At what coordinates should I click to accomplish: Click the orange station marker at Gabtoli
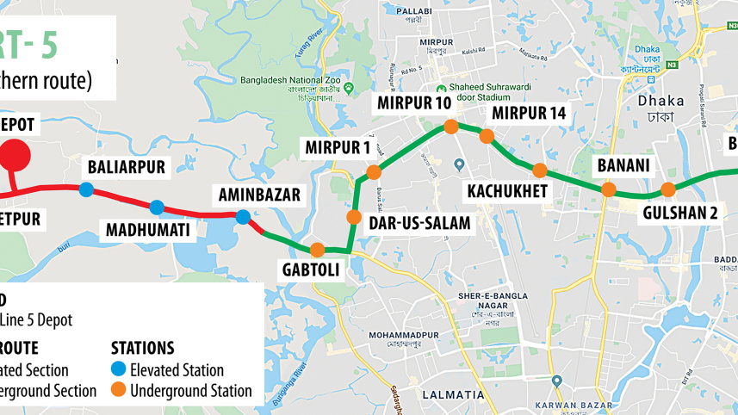317,250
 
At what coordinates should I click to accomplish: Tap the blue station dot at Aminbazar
244,217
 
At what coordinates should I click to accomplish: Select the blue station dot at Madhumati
157,207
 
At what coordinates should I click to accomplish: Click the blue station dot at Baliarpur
86,189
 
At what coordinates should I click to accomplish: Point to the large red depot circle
12,156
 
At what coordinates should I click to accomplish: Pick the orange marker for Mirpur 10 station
450,127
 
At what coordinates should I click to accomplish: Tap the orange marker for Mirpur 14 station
487,136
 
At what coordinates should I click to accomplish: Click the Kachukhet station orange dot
540,170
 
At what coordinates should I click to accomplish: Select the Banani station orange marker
608,189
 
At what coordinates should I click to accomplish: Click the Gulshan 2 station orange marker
667,190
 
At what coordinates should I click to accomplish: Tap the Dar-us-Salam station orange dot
354,216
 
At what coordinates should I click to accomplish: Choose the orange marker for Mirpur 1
374,172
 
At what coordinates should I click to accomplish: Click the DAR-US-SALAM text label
419,223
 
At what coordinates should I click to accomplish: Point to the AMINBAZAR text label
258,195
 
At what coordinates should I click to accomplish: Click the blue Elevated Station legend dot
119,369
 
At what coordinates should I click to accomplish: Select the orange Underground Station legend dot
119,390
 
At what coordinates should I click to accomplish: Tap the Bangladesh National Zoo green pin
349,89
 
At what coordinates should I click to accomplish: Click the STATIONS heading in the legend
143,349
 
